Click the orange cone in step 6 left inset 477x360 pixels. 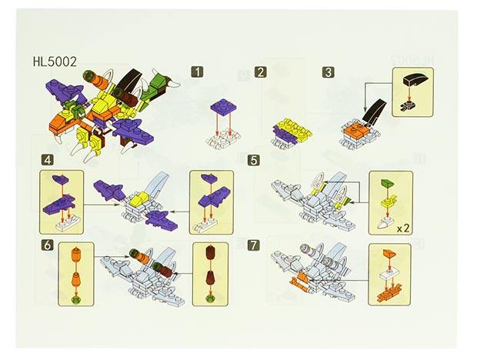[75, 255]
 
